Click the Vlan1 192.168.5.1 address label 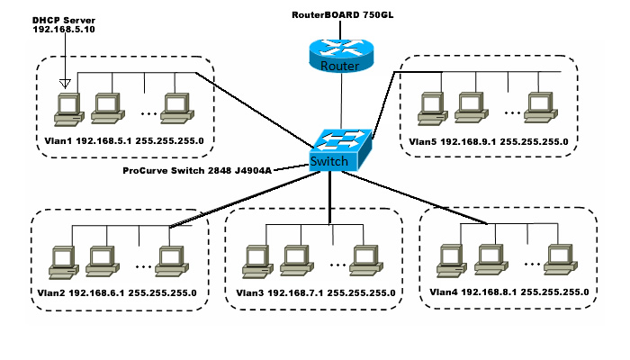coord(125,140)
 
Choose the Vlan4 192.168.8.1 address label coord(509,292)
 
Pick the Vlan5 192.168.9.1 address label coord(489,141)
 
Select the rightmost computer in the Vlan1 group coord(174,109)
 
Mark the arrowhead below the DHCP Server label coord(64,85)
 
